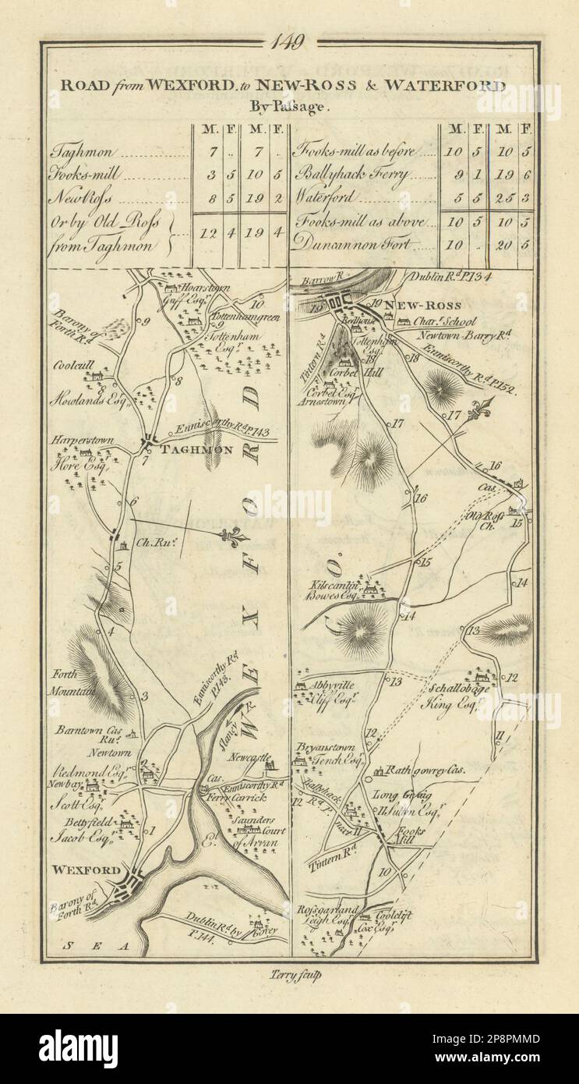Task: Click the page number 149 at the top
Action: tap(289, 42)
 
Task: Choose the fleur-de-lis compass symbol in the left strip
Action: tap(231, 536)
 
